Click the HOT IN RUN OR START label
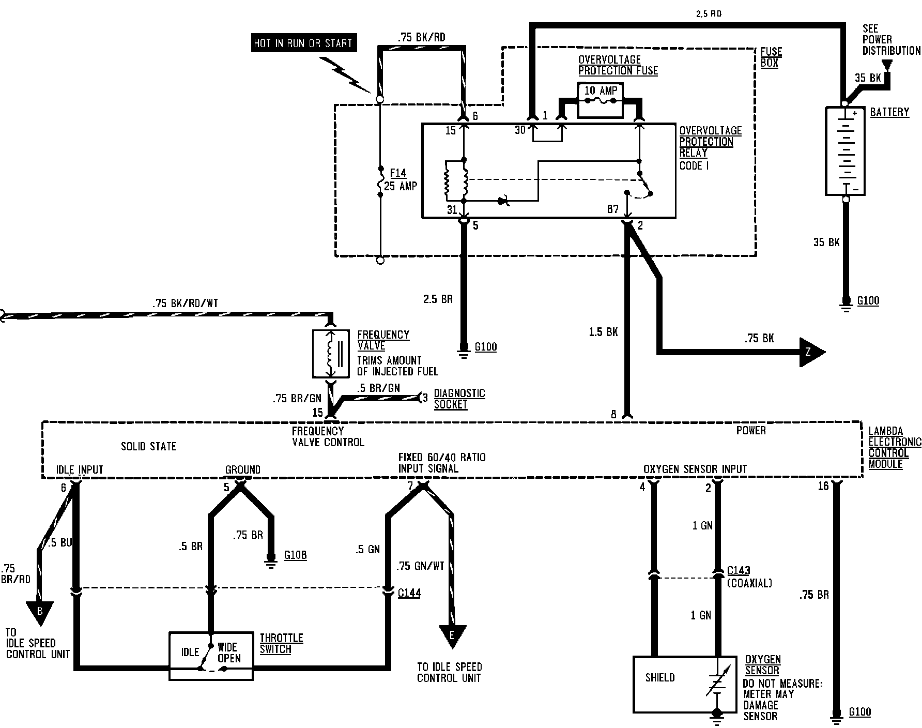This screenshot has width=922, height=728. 302,43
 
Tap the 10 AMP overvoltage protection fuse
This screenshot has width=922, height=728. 600,99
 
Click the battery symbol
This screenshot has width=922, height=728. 845,150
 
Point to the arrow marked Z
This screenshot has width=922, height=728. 812,352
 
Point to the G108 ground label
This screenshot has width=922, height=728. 296,555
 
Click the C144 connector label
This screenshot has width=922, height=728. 409,593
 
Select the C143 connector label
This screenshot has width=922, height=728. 739,571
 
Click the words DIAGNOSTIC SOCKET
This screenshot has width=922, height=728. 459,399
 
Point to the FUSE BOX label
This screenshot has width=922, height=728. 771,57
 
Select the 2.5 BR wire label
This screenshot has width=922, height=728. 438,299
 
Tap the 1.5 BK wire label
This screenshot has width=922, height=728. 603,331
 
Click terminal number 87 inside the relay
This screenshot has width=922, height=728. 613,209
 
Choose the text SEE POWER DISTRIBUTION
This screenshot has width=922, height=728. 891,39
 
